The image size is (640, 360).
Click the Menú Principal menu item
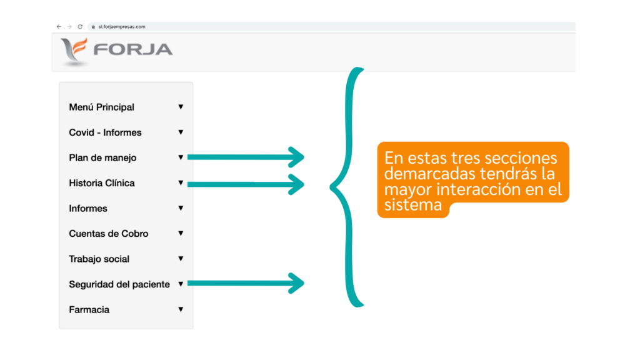tap(101, 107)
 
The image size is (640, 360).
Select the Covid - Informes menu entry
tap(105, 132)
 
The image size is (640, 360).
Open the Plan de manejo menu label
tap(102, 157)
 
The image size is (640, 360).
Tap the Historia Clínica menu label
tap(102, 183)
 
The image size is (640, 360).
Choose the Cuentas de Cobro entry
tap(109, 234)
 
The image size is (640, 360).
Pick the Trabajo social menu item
tap(99, 259)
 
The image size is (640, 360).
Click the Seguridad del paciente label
tap(119, 284)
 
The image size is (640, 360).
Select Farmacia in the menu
tap(89, 309)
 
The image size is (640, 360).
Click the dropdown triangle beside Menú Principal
tap(181, 107)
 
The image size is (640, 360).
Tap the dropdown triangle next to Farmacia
tap(181, 309)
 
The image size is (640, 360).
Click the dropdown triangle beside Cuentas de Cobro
tap(181, 234)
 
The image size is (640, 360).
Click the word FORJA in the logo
tap(133, 49)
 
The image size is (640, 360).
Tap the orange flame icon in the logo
tap(79, 47)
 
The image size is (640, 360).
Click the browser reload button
tap(80, 26)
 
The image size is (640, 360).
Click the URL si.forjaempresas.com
tap(122, 26)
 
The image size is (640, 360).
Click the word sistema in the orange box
tap(413, 204)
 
